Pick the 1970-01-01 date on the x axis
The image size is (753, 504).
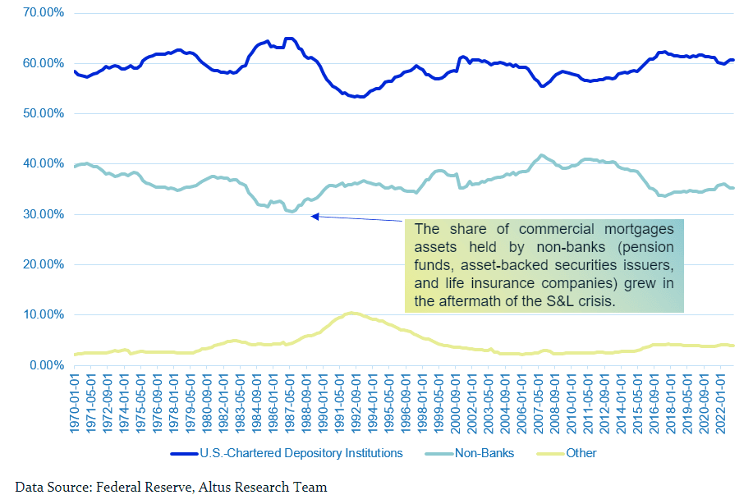click(x=75, y=403)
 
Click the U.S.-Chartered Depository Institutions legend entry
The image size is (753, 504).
click(x=287, y=452)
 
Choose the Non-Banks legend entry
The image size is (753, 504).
click(x=484, y=452)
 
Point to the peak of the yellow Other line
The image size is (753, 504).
click(x=351, y=313)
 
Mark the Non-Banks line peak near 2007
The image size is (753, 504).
click(x=539, y=155)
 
